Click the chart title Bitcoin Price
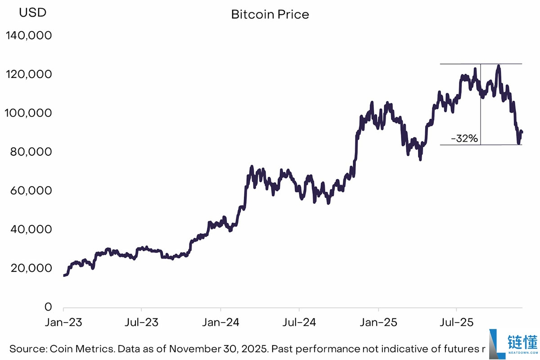tap(270, 14)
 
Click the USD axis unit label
tap(32, 13)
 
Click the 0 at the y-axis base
tap(48, 307)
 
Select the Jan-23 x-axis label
tap(63, 323)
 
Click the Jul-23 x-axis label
tap(142, 323)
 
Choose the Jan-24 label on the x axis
tap(220, 323)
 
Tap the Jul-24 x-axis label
tap(299, 323)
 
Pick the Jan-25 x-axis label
tap(378, 323)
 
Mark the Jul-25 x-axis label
tap(457, 323)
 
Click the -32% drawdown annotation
tap(464, 139)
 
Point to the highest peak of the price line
tap(498, 66)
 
